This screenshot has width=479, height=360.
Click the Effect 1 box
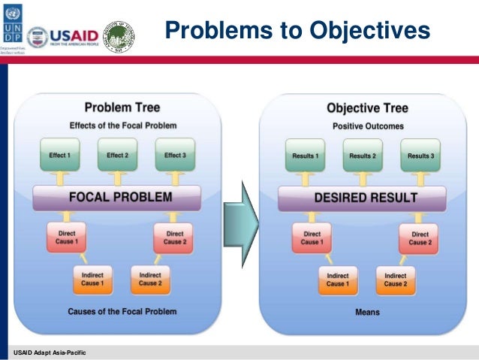point(59,155)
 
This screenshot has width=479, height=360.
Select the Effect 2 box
point(116,155)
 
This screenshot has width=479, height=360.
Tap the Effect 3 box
point(173,155)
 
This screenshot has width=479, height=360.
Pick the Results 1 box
point(305,156)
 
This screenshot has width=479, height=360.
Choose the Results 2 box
point(362,156)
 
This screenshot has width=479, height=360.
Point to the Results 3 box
point(420,156)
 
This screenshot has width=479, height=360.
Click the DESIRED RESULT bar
point(363,198)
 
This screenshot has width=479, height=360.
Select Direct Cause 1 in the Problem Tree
point(67,237)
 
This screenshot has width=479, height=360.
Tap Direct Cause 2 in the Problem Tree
point(174,237)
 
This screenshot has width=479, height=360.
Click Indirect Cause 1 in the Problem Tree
point(93,279)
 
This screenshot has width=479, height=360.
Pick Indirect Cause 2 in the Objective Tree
point(395,280)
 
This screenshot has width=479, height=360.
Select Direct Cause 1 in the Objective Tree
point(311,238)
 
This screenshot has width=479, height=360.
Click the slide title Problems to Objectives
point(297,30)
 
